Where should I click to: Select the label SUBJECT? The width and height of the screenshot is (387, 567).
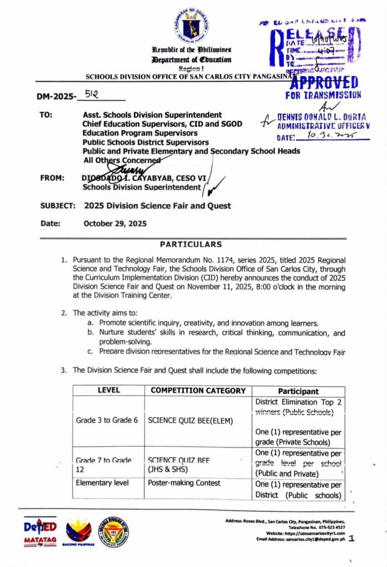pos(58,206)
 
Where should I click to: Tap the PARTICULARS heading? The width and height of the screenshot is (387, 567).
pos(190,244)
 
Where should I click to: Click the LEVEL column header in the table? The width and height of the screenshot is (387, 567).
pos(109,390)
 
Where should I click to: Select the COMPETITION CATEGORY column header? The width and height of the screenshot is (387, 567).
pos(198,390)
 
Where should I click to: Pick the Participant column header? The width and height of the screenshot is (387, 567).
pos(298,391)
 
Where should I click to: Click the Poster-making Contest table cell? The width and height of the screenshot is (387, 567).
pos(178,483)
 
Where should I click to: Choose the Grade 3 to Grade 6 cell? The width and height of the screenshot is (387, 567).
pos(107,420)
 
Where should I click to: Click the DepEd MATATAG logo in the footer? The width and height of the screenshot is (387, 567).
pos(40,532)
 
